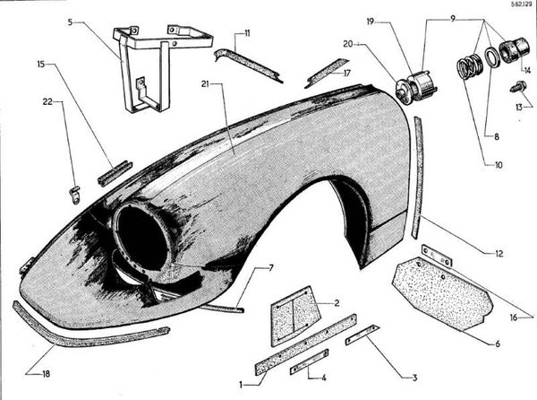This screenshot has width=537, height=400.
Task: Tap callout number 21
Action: pos(206,84)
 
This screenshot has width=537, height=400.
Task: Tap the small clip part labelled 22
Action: pos(76,190)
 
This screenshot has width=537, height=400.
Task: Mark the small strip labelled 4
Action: pos(309,361)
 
